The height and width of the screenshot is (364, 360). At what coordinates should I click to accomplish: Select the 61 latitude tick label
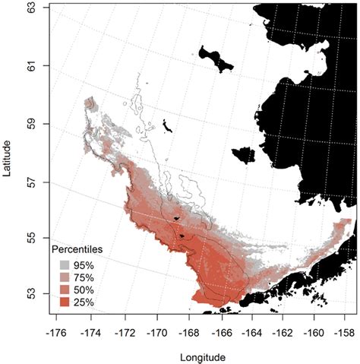pos(32,65)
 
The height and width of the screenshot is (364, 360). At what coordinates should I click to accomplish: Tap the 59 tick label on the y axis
pos(32,124)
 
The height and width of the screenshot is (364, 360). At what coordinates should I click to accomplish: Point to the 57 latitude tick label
pos(32,182)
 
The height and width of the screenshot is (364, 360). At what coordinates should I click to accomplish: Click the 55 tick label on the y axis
pos(32,239)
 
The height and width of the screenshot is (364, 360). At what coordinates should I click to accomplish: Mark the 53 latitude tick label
pos(32,297)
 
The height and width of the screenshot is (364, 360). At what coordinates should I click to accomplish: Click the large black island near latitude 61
pos(214,59)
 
